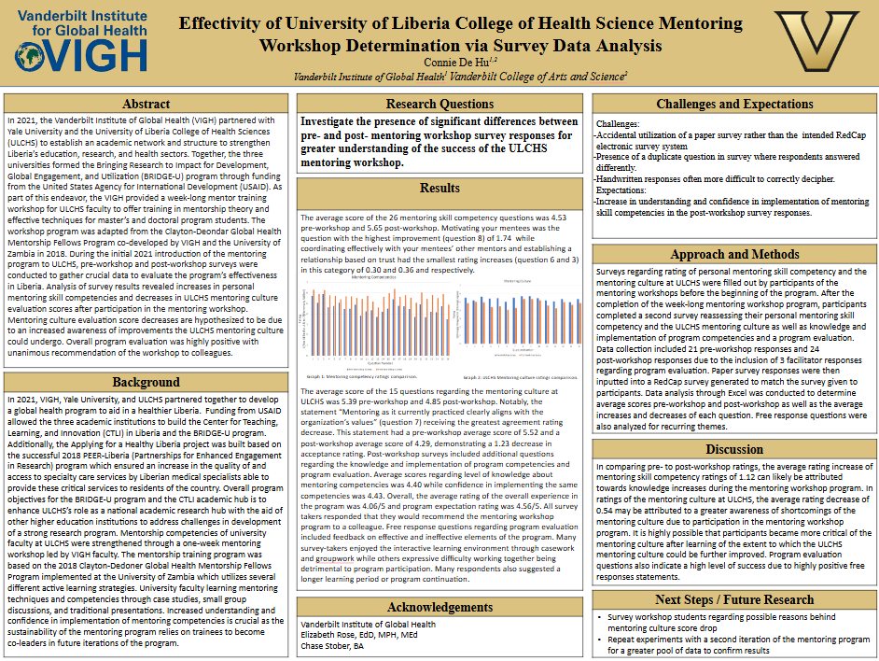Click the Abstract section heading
[x=146, y=104]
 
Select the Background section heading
[x=146, y=382]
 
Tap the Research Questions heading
[x=439, y=104]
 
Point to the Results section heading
[x=439, y=188]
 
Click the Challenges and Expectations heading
[x=734, y=104]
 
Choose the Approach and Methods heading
[x=734, y=254]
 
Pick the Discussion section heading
[x=734, y=449]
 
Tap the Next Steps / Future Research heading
[x=734, y=599]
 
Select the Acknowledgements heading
[x=439, y=608]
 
